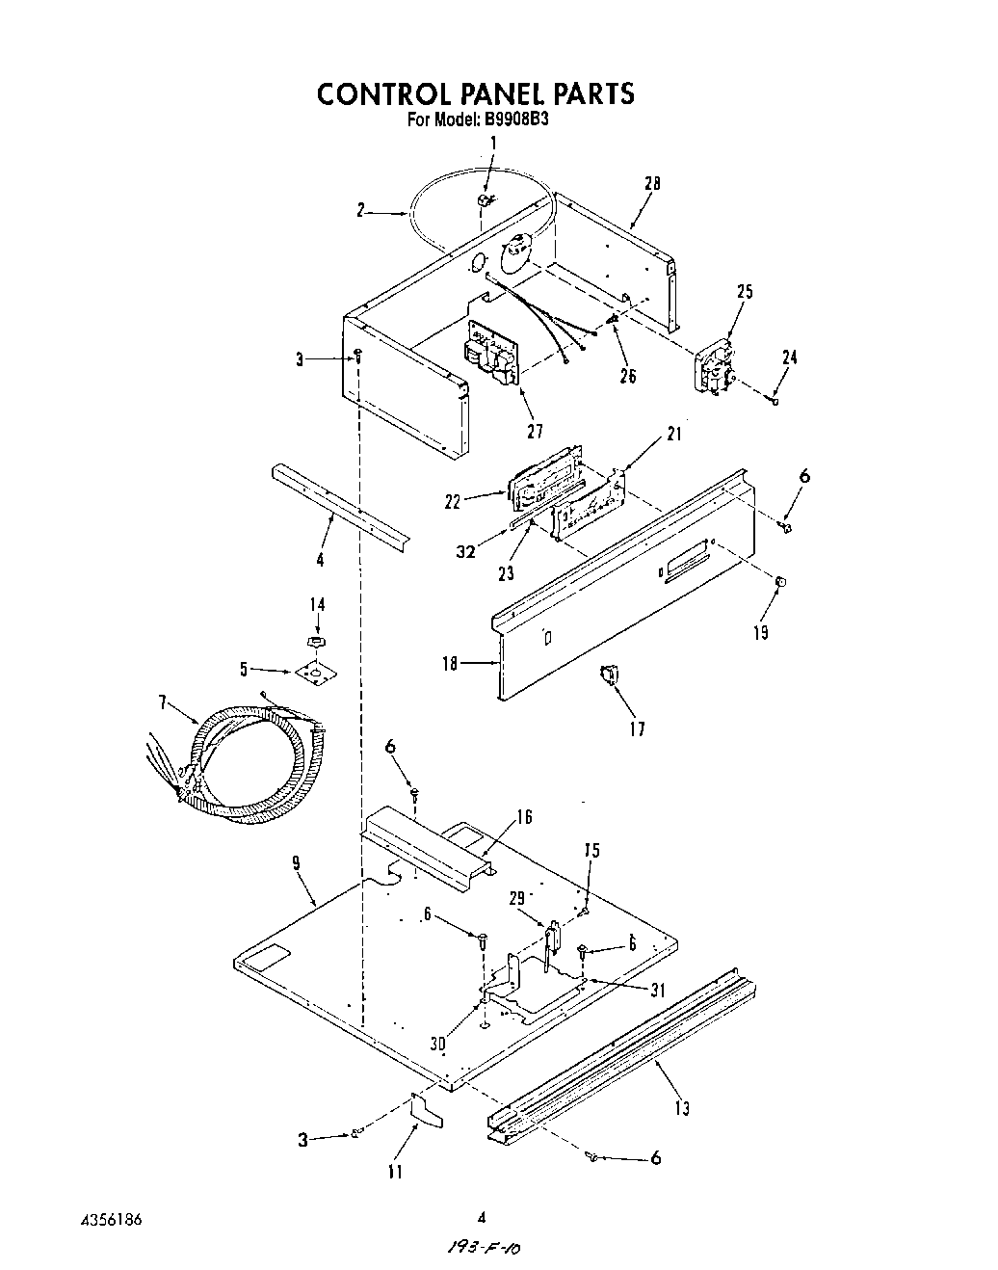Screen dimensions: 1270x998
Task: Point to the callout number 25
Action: (745, 292)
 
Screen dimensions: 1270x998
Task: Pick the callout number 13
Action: (681, 1108)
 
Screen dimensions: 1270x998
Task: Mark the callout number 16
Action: (524, 818)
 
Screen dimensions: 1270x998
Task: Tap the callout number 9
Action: (297, 864)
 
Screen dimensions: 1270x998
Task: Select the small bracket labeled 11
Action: (427, 1111)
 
